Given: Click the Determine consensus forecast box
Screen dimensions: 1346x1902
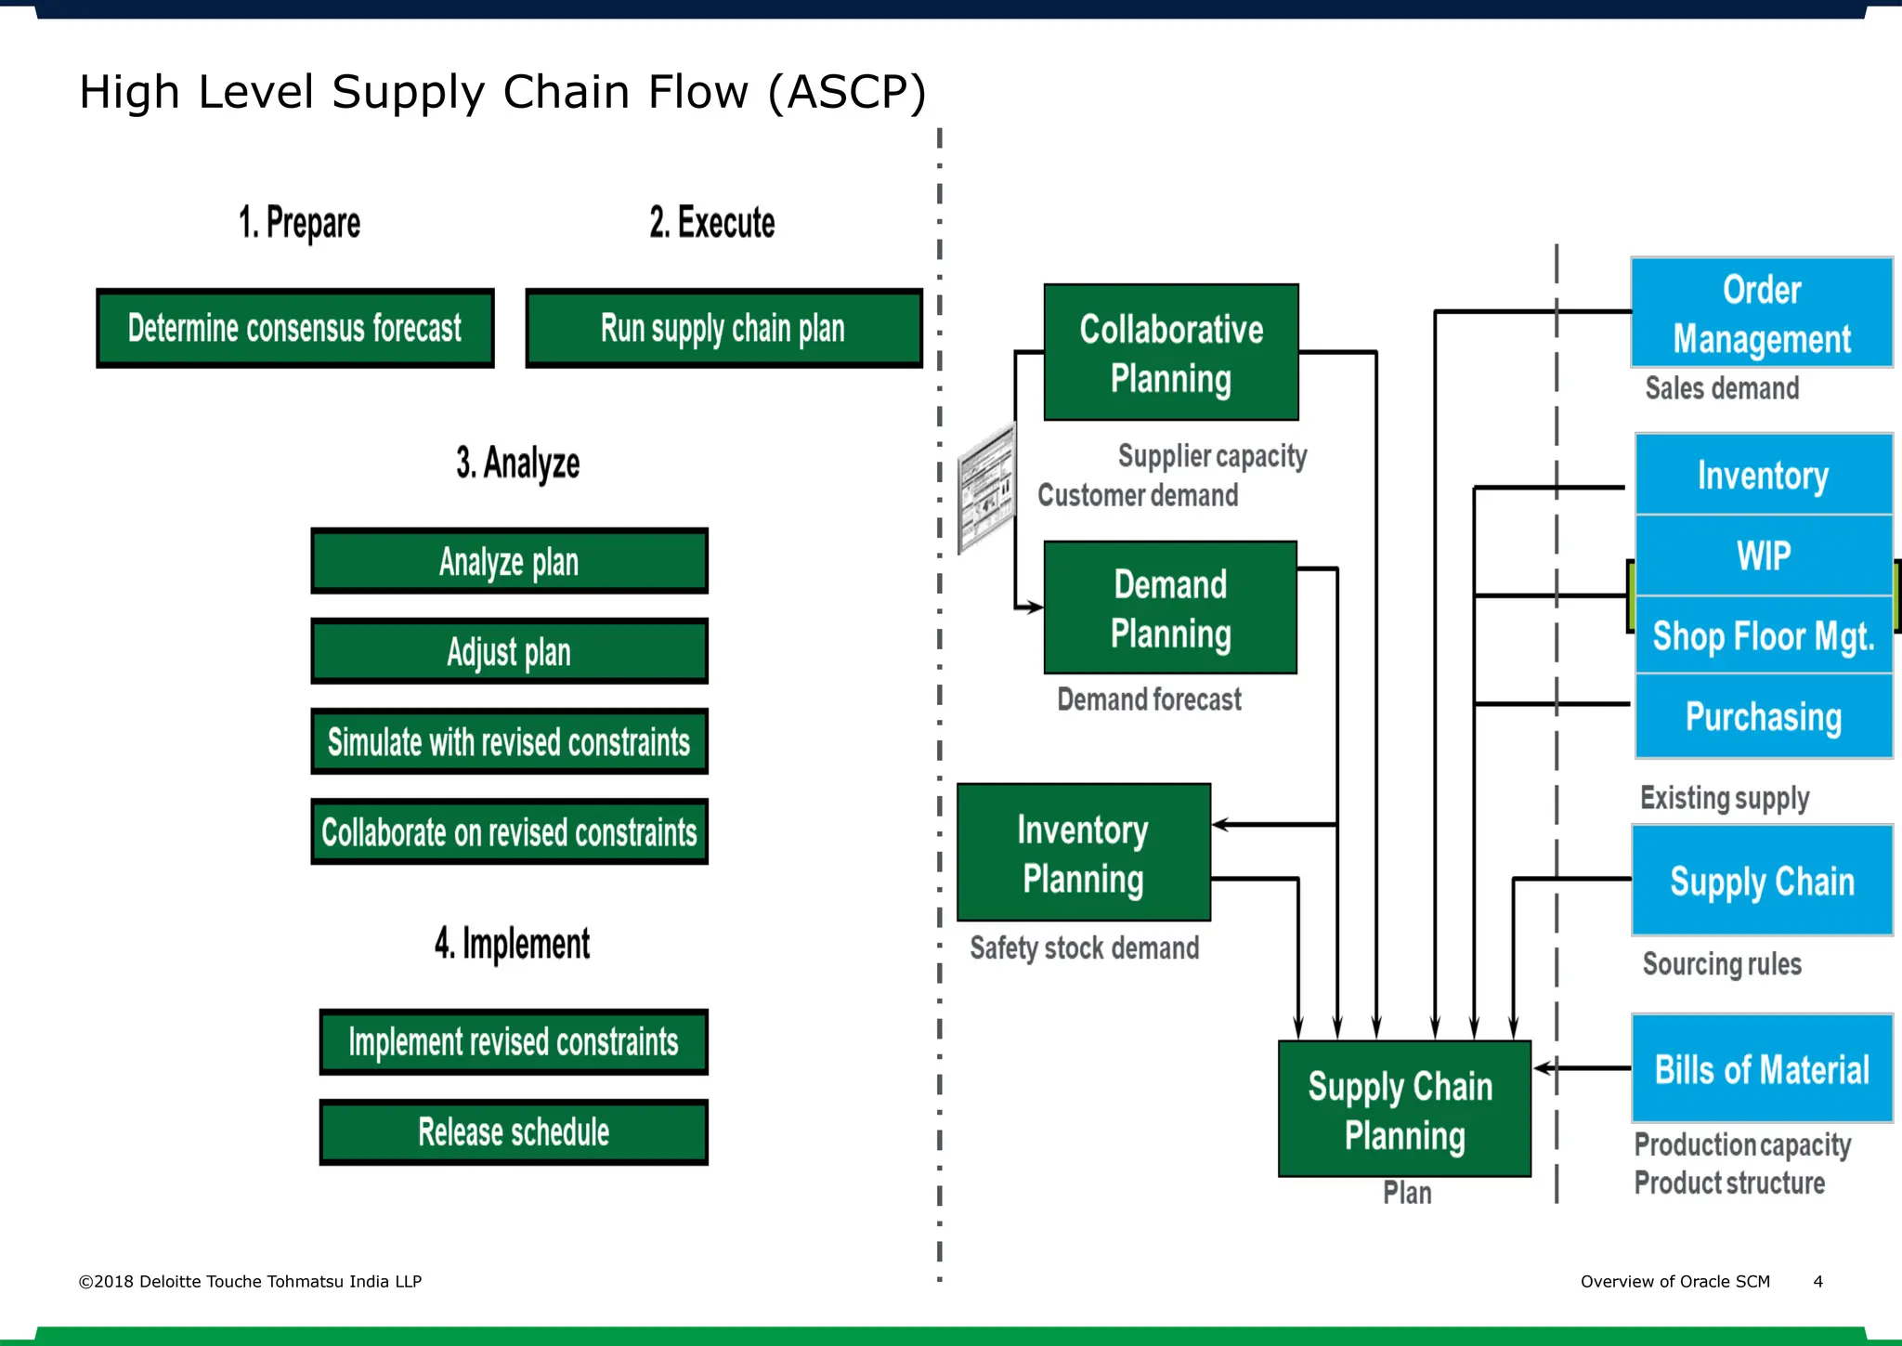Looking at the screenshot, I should coord(294,328).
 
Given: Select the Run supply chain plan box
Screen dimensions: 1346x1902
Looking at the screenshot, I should coord(723,328).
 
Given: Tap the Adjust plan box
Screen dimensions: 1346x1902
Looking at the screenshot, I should coord(509,651).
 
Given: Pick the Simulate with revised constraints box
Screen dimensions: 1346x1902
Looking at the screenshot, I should coord(509,741).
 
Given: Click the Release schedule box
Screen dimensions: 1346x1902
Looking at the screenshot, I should coord(514,1131).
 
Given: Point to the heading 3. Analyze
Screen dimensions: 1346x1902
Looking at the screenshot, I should coord(517,463).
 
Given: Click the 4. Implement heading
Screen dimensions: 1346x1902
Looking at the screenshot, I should coord(512,943).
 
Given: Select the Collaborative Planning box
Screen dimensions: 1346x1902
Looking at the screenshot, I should coord(1170,353).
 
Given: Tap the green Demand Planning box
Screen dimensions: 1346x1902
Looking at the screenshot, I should coord(1170,608).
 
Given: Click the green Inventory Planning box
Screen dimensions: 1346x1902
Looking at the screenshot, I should coord(1083,853).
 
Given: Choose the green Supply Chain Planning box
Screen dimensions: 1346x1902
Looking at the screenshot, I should coord(1403,1109).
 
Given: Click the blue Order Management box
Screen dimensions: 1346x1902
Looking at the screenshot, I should coord(1761,313).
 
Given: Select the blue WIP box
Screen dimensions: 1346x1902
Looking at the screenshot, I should coord(1763,555).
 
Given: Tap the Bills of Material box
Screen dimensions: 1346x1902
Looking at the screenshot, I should coord(1761,1068).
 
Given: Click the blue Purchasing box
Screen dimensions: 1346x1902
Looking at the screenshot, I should coord(1763,716).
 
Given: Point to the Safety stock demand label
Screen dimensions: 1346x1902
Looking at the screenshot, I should coord(1084,947).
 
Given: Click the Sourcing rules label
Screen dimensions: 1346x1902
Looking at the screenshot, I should coord(1721,963).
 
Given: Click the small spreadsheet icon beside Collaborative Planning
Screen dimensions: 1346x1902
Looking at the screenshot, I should coord(986,487).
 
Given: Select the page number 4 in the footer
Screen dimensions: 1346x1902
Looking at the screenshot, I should coord(1817,1281).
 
